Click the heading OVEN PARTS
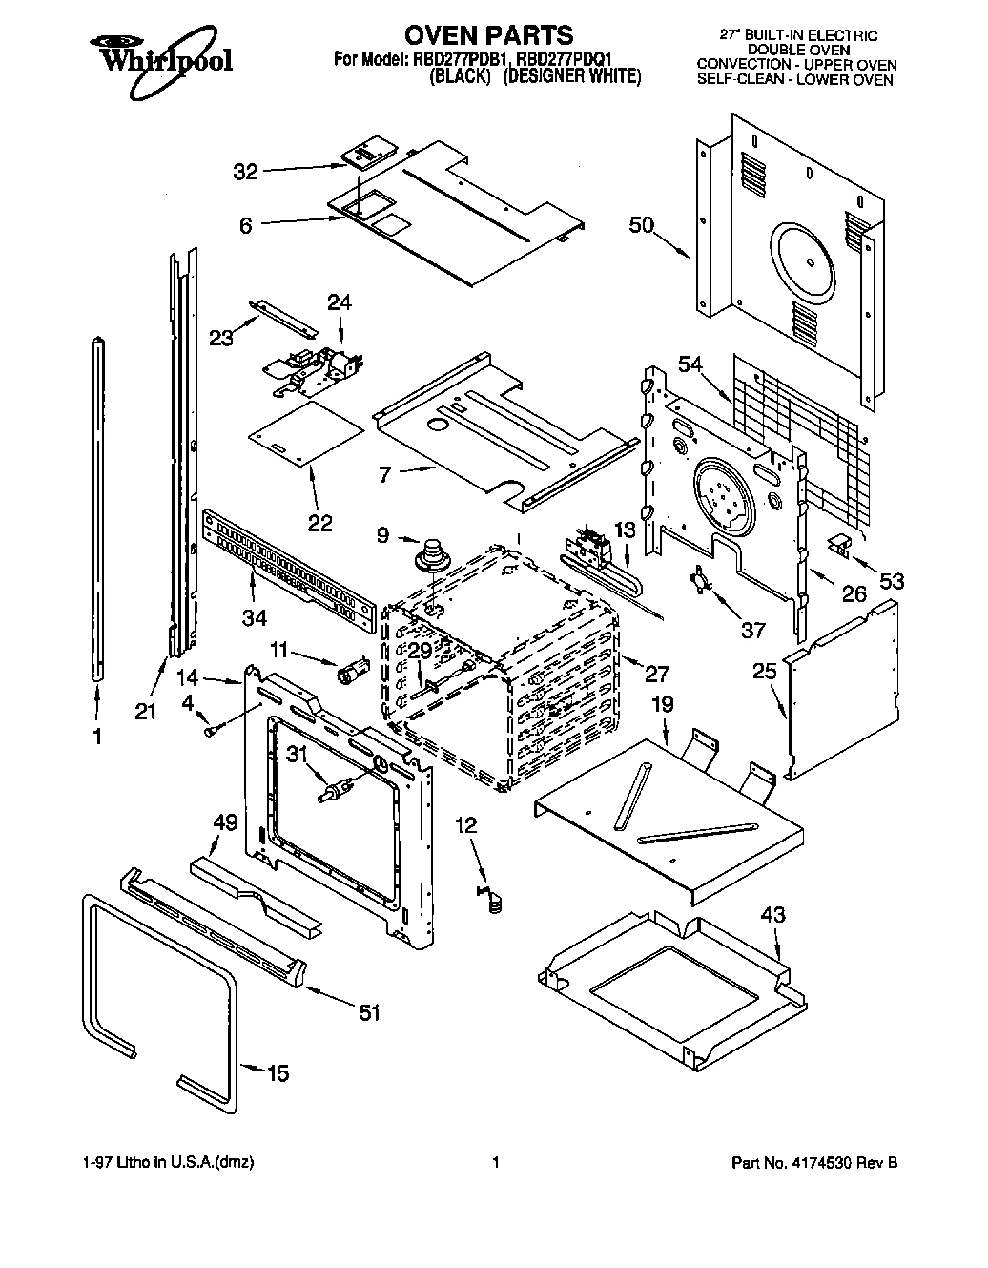[488, 35]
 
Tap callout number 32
[246, 172]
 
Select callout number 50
[642, 225]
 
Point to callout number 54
[690, 364]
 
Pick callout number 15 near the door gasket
[277, 1073]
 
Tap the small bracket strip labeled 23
[283, 316]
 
